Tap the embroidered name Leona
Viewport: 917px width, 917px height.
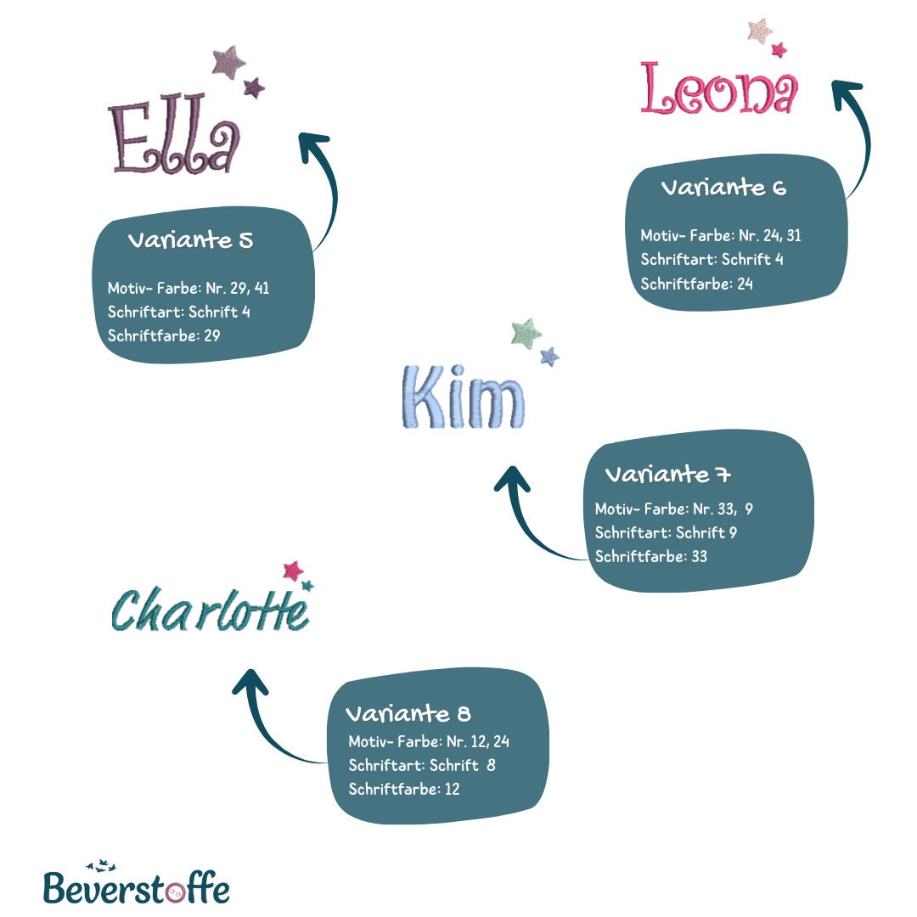click(x=719, y=89)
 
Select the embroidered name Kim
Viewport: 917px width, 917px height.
click(x=462, y=397)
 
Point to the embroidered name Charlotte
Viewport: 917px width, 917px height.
click(x=210, y=610)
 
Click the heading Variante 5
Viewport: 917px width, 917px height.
click(x=190, y=240)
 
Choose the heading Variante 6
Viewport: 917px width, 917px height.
click(x=723, y=188)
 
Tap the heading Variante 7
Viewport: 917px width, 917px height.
click(x=668, y=474)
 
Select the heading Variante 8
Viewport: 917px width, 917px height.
click(x=408, y=712)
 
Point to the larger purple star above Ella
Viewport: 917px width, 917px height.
click(x=228, y=63)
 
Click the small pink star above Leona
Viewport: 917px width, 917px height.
click(x=779, y=49)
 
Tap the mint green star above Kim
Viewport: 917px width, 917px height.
click(x=526, y=334)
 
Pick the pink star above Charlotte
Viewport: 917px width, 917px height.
click(x=293, y=571)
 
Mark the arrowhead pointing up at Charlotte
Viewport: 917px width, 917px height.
click(x=250, y=680)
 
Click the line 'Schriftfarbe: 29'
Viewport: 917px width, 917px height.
click(x=164, y=335)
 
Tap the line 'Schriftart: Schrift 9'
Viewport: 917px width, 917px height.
click(x=666, y=533)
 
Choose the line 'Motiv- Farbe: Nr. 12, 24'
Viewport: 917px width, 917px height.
click(x=429, y=741)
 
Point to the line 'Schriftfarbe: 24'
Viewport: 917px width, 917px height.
click(x=696, y=284)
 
